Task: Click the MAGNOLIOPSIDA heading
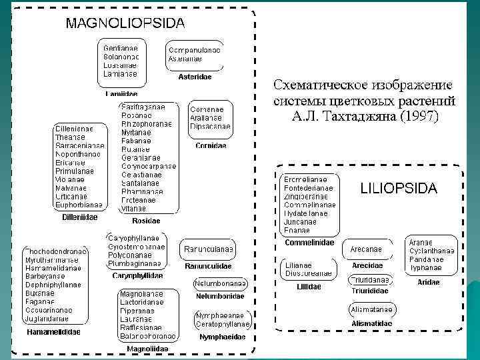[125, 23]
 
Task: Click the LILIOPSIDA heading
[399, 189]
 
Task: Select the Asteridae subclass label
[195, 77]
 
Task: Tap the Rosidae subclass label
[146, 221]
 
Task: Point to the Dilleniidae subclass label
[79, 217]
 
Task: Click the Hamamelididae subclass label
[53, 331]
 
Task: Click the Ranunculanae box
[209, 250]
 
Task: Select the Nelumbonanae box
[221, 283]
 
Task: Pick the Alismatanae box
[372, 309]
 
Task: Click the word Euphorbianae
[79, 205]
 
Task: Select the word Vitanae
[133, 209]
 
